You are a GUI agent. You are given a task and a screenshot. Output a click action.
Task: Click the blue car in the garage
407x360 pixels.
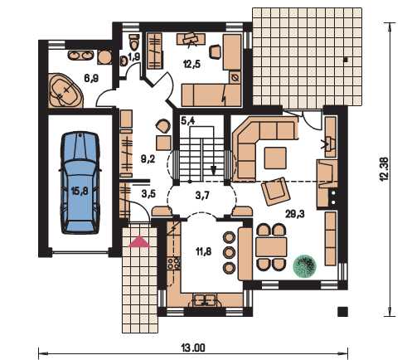pyautogui.click(x=80, y=183)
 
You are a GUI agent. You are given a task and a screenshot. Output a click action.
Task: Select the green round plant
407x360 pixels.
pyautogui.click(x=304, y=265)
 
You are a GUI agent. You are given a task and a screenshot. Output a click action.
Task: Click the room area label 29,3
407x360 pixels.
pyautogui.click(x=295, y=213)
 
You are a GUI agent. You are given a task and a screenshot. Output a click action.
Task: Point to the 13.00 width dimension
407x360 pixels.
pyautogui.click(x=193, y=348)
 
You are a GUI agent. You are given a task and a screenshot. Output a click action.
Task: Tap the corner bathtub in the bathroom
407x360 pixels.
pyautogui.click(x=65, y=90)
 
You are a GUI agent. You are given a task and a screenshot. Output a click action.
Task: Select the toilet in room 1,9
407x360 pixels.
pyautogui.click(x=134, y=41)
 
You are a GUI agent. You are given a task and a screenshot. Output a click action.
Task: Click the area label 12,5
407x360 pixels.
pyautogui.click(x=191, y=64)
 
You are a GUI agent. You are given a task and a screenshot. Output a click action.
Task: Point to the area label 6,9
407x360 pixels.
pyautogui.click(x=91, y=78)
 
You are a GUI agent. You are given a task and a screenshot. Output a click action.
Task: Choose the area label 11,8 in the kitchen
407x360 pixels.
pyautogui.click(x=204, y=251)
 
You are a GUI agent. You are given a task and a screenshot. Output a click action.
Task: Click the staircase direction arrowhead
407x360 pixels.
pyautogui.click(x=213, y=170)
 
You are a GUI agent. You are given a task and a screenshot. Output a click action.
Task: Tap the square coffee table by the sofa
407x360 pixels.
pyautogui.click(x=275, y=158)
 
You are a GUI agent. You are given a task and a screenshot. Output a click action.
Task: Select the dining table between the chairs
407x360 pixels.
pyautogui.click(x=271, y=246)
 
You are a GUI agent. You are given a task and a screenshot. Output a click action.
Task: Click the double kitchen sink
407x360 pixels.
pyautogui.click(x=205, y=299)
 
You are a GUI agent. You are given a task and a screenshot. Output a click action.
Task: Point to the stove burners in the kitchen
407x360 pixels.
pyautogui.click(x=174, y=263)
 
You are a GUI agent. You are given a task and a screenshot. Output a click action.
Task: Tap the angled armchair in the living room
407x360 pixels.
pyautogui.click(x=275, y=191)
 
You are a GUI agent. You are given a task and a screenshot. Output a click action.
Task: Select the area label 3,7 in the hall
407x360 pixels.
pyautogui.click(x=202, y=196)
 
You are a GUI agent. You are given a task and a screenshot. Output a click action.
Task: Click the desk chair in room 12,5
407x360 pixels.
pyautogui.click(x=216, y=51)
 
